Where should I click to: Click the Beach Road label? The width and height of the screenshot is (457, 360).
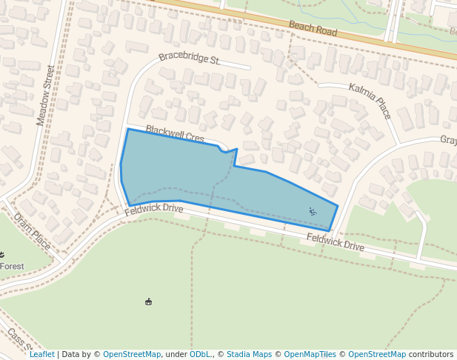313,29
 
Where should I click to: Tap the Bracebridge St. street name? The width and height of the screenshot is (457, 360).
190,59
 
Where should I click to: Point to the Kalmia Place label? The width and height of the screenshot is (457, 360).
369,101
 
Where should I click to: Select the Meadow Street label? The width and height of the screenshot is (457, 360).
46,95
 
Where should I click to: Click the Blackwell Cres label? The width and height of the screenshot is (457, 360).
174,134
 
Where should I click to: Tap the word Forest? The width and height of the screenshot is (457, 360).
12,266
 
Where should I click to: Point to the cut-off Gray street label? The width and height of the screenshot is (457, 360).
448,140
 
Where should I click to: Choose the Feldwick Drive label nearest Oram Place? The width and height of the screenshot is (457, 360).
153,209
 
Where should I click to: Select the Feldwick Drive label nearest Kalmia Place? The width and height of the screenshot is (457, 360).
336,241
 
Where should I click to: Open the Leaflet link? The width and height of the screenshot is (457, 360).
41,354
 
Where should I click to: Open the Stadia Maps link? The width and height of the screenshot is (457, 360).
249,354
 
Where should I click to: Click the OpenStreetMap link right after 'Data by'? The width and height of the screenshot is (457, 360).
132,354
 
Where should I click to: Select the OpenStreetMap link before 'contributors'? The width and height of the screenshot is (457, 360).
377,354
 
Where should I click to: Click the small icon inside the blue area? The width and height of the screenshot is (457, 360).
313,212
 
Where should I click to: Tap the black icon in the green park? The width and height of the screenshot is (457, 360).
149,301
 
